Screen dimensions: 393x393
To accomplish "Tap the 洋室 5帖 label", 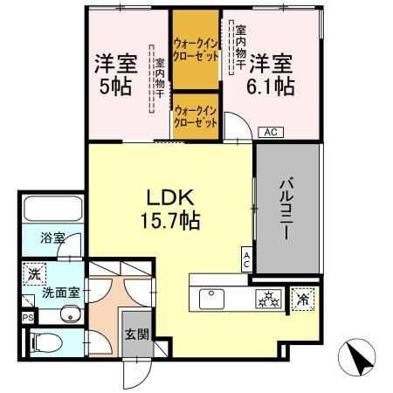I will click(113, 75).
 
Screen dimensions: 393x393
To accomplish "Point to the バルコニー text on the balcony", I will click(287, 210).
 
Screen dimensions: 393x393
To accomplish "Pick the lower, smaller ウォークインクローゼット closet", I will click(196, 116).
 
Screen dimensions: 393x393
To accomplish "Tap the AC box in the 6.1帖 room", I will click(271, 132).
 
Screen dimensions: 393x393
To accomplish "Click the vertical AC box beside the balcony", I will click(247, 259).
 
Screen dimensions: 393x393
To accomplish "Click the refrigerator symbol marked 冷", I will click(303, 298).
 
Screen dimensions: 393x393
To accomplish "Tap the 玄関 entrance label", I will click(135, 333).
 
